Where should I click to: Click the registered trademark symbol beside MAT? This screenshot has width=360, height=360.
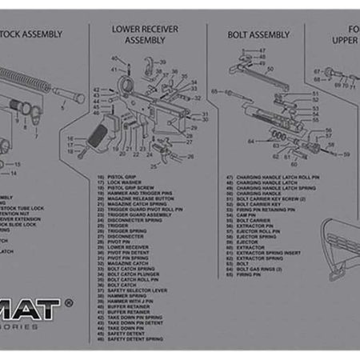[x=69, y=304]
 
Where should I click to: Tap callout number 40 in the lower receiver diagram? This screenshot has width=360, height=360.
[x=114, y=59]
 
